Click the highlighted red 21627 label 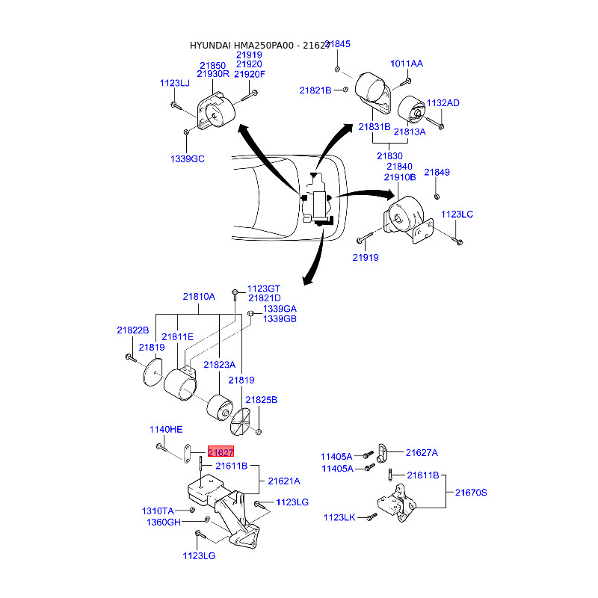click(x=221, y=452)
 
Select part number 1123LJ click(x=175, y=84)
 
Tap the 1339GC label click(x=187, y=159)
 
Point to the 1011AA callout click(x=407, y=64)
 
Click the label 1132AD click(x=443, y=103)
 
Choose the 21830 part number click(x=389, y=156)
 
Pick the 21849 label click(x=437, y=173)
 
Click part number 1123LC click(x=457, y=215)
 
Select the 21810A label click(x=199, y=297)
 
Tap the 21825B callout click(x=262, y=401)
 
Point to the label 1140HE click(x=166, y=430)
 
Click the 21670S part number click(x=470, y=493)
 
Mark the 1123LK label click(x=339, y=517)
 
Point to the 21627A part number click(x=422, y=452)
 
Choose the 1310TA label click(x=158, y=511)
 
